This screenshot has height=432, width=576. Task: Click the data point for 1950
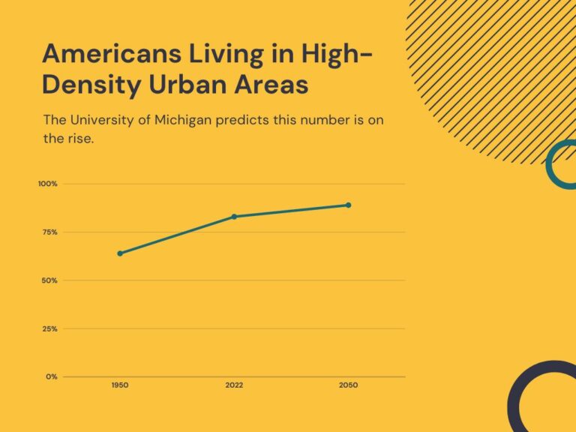pos(120,253)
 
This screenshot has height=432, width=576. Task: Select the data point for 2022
pos(234,217)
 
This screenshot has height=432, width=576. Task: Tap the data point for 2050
pos(348,205)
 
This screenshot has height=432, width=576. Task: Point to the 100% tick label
pos(48,184)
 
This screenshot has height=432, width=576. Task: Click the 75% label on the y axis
pos(49,232)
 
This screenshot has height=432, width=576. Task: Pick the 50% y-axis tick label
pos(49,280)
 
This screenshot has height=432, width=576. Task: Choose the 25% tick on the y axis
pos(49,328)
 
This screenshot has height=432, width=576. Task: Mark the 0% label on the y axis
pos(51,376)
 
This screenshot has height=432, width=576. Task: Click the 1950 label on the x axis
pos(120,385)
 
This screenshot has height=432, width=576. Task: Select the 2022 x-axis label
pos(234,385)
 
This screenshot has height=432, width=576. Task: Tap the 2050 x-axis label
pos(348,385)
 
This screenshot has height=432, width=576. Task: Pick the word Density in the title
pos(90,85)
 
